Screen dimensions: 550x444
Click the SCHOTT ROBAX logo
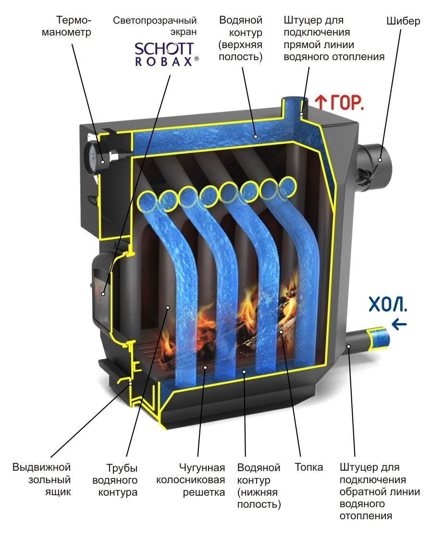164,53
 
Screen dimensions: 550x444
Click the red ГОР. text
345,102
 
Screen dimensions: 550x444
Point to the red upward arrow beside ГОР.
320,101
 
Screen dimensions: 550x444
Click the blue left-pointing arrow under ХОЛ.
399,325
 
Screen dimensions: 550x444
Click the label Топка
308,467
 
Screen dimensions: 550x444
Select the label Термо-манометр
74,26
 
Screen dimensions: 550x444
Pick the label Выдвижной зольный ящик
42,480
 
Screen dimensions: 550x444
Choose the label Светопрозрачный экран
155,26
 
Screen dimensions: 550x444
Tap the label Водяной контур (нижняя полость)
259,486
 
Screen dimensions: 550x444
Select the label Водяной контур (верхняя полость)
240,38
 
